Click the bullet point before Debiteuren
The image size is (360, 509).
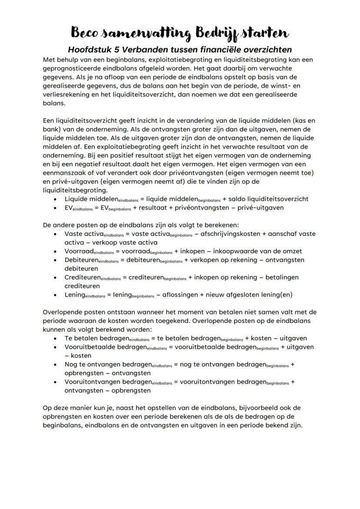point(55,260)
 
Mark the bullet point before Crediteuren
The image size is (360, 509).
point(55,277)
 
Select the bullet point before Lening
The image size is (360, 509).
point(55,295)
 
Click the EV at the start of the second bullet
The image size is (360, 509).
point(69,207)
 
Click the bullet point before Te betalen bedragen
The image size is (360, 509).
point(55,338)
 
